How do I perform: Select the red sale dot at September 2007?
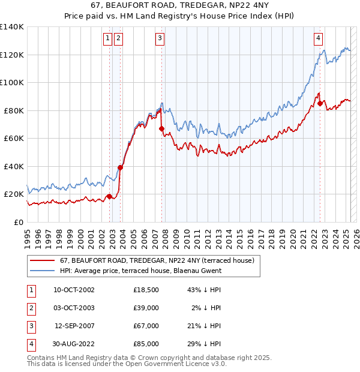pyautogui.click(x=161, y=128)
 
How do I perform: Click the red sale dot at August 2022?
pyautogui.click(x=320, y=103)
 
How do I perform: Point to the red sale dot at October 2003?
pyautogui.click(x=120, y=167)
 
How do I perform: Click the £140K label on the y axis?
pyautogui.click(x=12, y=27)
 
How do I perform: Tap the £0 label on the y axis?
pyautogui.click(x=19, y=222)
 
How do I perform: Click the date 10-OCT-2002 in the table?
pyautogui.click(x=74, y=290)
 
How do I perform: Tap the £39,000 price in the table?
pyautogui.click(x=146, y=308)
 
